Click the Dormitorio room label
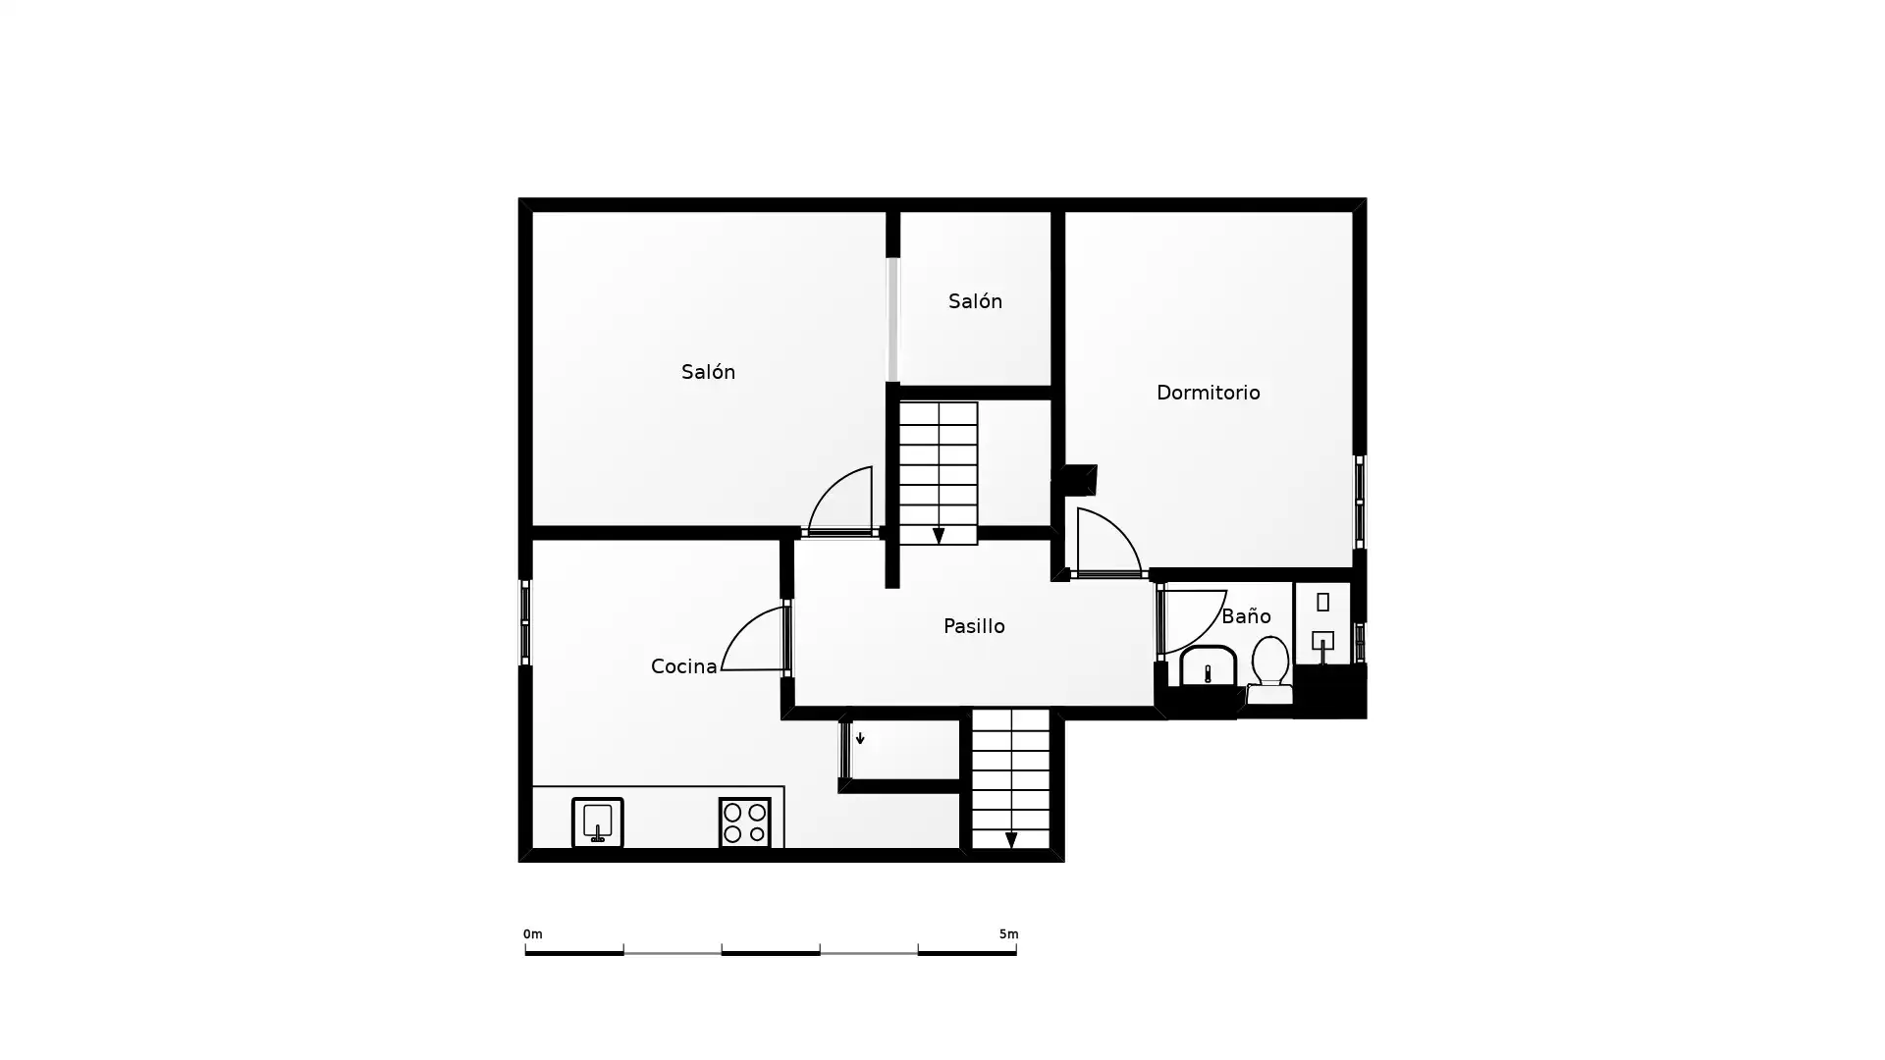[x=1208, y=393]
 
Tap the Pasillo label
[x=974, y=626]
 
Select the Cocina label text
[x=683, y=666]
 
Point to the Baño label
[x=1246, y=616]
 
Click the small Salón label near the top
[x=975, y=301]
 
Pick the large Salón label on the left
[x=708, y=372]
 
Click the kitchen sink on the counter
[x=597, y=822]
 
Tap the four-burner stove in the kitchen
[x=744, y=822]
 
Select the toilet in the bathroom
[x=1269, y=670]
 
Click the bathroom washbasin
[x=1208, y=665]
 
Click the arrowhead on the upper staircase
[x=939, y=536]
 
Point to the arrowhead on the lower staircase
[x=1011, y=840]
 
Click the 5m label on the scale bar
[x=1008, y=934]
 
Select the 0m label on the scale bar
[x=532, y=934]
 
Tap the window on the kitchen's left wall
[x=525, y=622]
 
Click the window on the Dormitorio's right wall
[x=1360, y=502]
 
